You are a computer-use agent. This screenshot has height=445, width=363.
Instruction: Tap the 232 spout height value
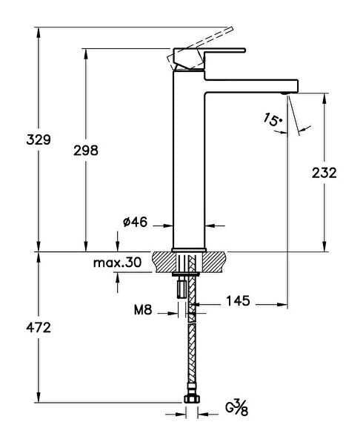tap(324, 172)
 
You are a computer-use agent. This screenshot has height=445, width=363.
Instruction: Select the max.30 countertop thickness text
tap(117, 263)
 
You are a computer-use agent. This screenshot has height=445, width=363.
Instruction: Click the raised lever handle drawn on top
tap(204, 41)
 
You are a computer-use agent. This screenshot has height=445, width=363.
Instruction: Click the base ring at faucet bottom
tap(188, 249)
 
